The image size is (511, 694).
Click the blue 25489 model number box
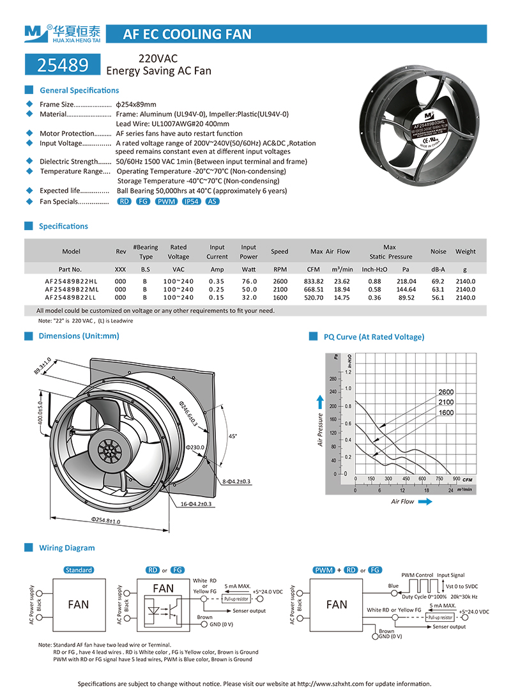[x=63, y=64]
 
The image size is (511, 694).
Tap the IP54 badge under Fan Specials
[x=191, y=201]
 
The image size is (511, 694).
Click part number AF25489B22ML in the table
[x=71, y=289]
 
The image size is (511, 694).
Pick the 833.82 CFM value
[x=314, y=281]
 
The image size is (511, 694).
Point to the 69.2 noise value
[x=438, y=281]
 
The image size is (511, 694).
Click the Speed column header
[x=279, y=252]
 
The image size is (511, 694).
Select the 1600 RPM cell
[x=279, y=297]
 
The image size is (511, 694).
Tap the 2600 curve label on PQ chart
[x=446, y=392]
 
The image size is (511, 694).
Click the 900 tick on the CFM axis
[x=456, y=479]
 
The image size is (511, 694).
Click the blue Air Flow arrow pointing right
[x=425, y=502]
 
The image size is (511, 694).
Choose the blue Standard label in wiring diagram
[x=79, y=569]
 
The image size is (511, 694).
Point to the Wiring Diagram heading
[x=66, y=548]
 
